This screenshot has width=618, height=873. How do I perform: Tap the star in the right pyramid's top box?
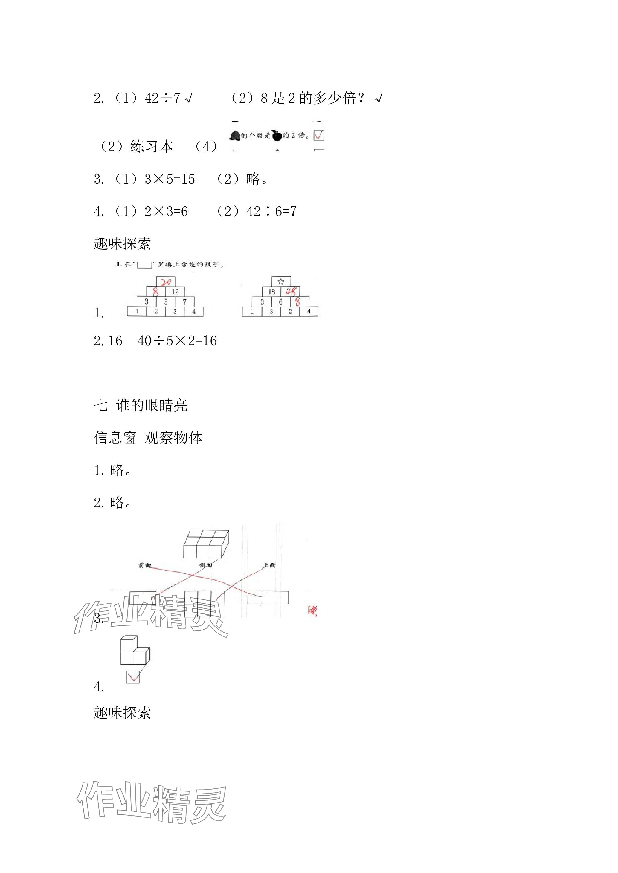(281, 282)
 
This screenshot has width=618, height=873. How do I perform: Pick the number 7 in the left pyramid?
(184, 302)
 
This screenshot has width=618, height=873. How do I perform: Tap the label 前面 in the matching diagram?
(145, 565)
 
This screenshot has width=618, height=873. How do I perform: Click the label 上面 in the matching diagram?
(269, 565)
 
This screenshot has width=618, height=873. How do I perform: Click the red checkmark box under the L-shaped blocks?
(133, 677)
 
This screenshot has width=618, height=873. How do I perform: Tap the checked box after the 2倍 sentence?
(319, 135)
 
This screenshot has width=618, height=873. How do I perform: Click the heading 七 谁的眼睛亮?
(141, 405)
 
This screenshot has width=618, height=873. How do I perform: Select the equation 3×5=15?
(170, 179)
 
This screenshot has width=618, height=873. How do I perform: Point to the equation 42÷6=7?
(271, 211)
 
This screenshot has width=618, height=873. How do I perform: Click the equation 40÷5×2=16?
(177, 341)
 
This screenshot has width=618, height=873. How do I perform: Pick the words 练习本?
(152, 146)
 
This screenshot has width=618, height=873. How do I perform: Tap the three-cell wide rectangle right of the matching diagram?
(268, 597)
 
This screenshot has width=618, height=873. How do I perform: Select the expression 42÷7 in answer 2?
(162, 99)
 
